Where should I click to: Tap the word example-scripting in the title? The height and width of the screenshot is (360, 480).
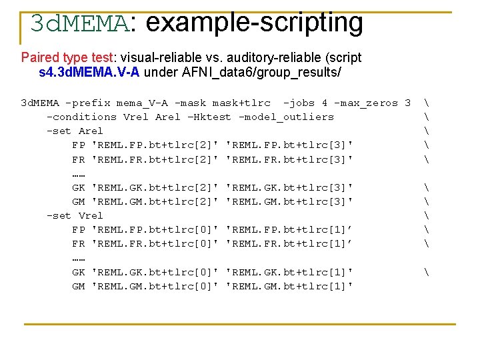pyautogui.click(x=254, y=23)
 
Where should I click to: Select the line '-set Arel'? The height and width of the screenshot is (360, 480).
pyautogui.click(x=75, y=131)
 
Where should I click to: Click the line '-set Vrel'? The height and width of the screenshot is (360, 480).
pyautogui.click(x=75, y=215)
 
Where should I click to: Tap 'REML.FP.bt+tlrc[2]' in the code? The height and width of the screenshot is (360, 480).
pyautogui.click(x=155, y=145)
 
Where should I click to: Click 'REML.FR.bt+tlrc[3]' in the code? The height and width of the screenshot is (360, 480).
pyautogui.click(x=290, y=159)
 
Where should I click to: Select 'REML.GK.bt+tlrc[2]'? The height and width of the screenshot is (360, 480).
pyautogui.click(x=155, y=187)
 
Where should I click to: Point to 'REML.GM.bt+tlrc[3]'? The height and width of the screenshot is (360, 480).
pyautogui.click(x=290, y=201)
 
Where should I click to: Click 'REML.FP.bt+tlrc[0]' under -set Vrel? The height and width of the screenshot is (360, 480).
pyautogui.click(x=155, y=229)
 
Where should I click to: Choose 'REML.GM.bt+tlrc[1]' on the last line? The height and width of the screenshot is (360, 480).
pyautogui.click(x=290, y=286)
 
